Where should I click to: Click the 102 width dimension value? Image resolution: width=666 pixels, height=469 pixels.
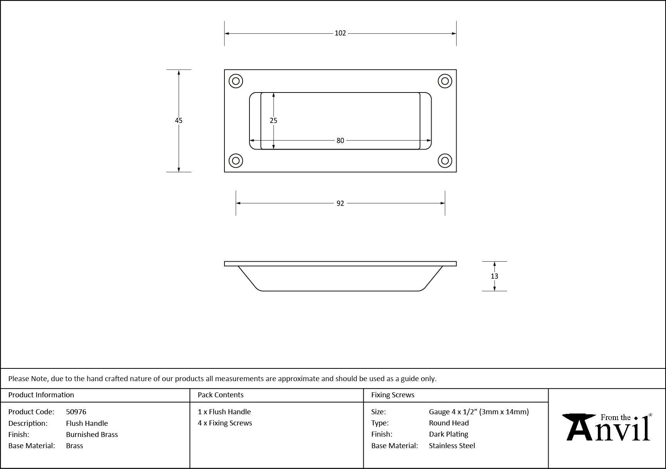click(x=340, y=33)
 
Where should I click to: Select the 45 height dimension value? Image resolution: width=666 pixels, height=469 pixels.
click(x=179, y=121)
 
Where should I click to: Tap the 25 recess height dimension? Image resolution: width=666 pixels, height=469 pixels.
click(x=273, y=121)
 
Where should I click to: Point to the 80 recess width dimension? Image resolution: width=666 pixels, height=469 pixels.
click(x=340, y=141)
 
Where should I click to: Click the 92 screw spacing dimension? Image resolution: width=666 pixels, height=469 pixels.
click(x=340, y=203)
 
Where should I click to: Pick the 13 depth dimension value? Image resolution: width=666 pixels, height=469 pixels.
click(x=494, y=276)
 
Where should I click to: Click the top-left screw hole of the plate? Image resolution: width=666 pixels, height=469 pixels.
click(x=236, y=81)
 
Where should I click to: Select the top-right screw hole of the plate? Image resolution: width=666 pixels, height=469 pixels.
click(x=445, y=81)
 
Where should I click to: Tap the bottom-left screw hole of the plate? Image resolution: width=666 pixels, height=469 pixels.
click(x=236, y=161)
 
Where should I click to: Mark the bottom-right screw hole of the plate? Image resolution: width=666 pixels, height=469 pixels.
click(x=445, y=161)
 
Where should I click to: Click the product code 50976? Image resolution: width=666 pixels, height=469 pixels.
click(x=76, y=412)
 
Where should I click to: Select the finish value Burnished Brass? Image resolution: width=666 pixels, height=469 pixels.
click(x=92, y=435)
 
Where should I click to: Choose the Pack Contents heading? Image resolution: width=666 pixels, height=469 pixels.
click(x=221, y=395)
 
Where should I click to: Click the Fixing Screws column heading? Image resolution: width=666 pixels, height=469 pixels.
click(x=393, y=395)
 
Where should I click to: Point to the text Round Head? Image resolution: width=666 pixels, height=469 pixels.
click(x=449, y=423)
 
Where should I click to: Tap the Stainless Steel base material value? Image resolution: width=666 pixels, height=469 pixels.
click(x=452, y=446)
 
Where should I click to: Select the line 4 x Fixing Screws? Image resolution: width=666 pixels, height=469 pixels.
click(x=225, y=423)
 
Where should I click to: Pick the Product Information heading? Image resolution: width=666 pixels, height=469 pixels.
click(x=41, y=395)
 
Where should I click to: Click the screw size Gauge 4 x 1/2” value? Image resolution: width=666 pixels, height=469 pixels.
click(x=453, y=412)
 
